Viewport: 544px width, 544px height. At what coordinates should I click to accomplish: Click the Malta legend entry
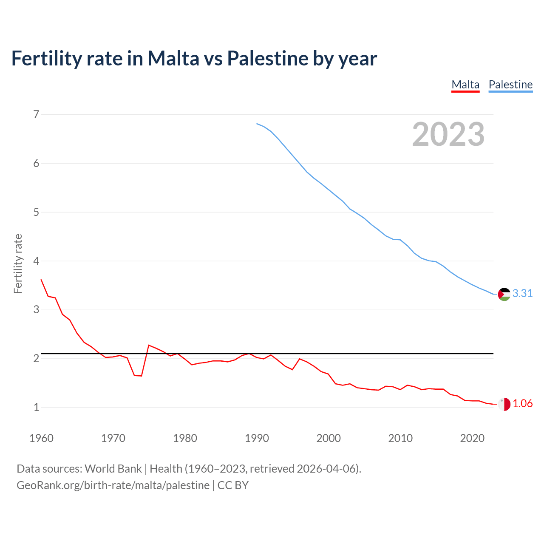465,85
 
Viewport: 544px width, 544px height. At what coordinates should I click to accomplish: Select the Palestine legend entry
510,85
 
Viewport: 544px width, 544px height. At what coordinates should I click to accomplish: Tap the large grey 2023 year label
448,134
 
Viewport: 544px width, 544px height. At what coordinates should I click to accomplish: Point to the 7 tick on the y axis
36,114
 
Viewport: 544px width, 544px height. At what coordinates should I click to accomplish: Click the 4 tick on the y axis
36,261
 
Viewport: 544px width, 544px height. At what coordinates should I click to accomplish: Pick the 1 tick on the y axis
36,408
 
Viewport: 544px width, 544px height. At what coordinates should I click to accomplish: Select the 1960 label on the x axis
41,438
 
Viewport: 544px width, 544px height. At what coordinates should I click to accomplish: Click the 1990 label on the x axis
257,438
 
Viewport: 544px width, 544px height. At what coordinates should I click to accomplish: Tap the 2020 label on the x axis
472,438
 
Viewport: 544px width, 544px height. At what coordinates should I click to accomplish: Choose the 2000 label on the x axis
329,438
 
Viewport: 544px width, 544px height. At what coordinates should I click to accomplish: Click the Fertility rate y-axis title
18,263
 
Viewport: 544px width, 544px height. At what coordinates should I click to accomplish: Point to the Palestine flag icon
504,294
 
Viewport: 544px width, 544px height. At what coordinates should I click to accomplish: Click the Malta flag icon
504,404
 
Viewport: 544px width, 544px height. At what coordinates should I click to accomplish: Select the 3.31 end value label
522,294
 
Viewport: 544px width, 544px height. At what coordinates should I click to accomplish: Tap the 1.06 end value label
522,404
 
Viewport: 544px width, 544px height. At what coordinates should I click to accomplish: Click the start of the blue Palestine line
257,124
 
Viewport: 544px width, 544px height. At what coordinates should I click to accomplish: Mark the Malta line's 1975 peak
149,345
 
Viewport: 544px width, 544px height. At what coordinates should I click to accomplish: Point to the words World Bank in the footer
113,469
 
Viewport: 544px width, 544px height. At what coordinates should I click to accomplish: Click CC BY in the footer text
233,485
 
